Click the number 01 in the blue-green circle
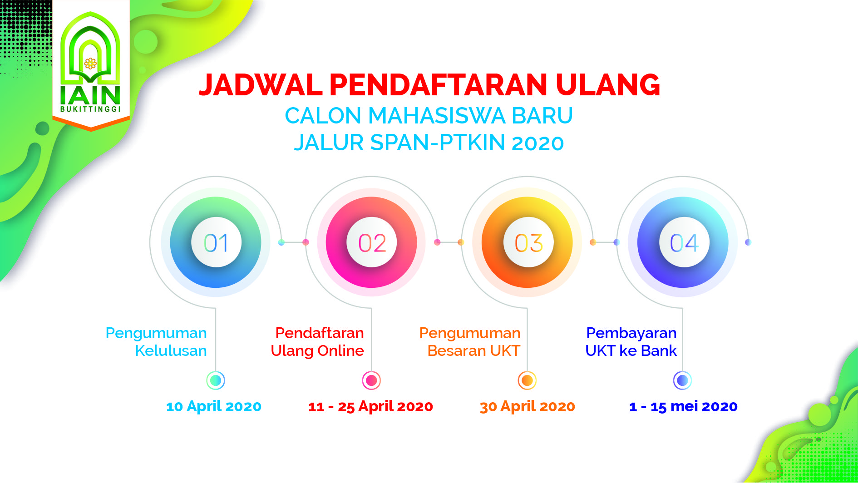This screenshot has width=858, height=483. click(216, 243)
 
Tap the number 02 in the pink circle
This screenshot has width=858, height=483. click(372, 243)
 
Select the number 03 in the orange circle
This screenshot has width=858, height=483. click(528, 243)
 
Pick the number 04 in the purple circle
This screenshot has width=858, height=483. click(684, 243)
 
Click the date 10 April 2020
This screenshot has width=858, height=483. click(214, 406)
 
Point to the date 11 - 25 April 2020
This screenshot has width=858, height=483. click(370, 406)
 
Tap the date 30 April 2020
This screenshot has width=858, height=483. click(527, 406)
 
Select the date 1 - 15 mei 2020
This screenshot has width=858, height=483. click(683, 406)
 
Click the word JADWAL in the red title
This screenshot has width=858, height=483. click(261, 85)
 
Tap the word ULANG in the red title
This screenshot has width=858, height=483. click(608, 85)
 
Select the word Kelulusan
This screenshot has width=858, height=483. click(171, 350)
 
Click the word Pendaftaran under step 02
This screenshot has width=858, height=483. click(320, 333)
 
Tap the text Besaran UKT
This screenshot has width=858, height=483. click(474, 350)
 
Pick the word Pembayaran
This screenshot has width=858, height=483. click(631, 333)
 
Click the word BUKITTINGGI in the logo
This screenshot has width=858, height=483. click(91, 109)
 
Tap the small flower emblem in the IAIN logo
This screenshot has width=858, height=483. click(91, 63)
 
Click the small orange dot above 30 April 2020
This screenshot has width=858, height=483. click(527, 380)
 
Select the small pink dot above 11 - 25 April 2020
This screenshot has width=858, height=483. click(371, 380)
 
